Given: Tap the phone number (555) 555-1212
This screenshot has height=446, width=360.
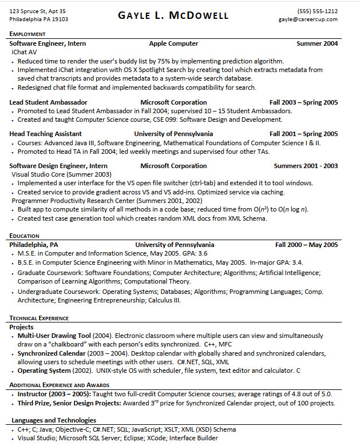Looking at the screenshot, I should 317,11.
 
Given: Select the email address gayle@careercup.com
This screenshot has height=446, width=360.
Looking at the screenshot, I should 308,19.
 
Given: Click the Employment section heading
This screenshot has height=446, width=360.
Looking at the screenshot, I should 28,34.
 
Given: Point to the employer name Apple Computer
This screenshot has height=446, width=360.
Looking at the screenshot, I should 173,43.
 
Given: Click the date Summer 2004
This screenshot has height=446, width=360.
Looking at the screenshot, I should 317,43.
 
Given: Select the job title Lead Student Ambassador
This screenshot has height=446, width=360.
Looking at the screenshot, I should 44,102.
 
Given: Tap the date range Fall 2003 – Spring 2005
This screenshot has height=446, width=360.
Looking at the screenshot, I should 303,102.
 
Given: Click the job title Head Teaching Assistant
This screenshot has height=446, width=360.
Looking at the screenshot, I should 45,134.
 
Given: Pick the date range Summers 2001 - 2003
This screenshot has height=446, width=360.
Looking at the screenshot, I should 306,166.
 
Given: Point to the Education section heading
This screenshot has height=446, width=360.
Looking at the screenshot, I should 25,236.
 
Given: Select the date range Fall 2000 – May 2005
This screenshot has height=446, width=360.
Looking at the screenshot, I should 306,245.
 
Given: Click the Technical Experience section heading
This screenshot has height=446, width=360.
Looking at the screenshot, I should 39,318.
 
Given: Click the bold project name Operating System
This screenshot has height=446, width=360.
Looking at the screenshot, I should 44,371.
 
